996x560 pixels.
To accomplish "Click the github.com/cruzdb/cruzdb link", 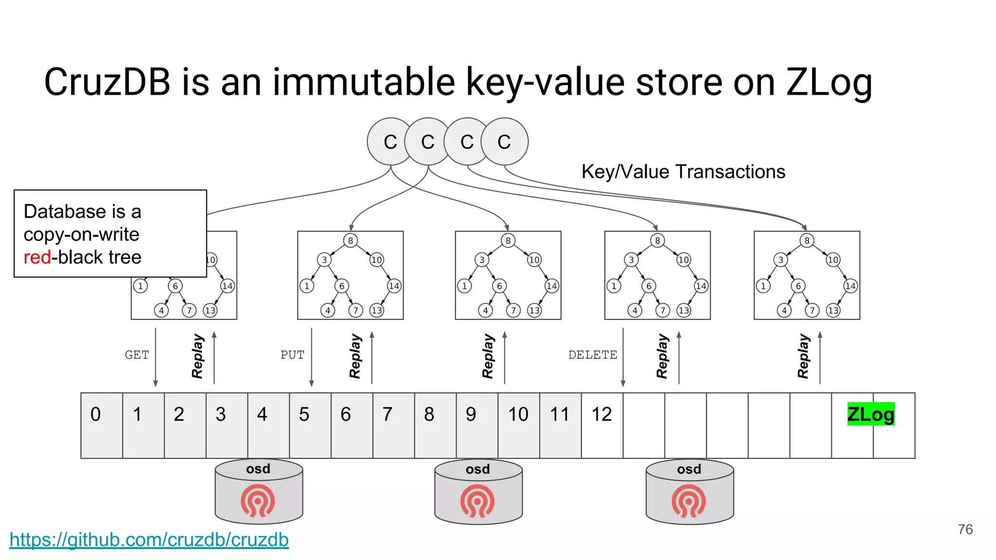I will [x=149, y=540].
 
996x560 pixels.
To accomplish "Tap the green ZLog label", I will [x=871, y=414].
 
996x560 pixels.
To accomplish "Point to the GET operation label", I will [x=137, y=355].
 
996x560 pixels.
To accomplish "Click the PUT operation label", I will [x=292, y=355].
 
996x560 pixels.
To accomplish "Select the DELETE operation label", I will [x=592, y=355].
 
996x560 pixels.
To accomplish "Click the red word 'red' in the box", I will [x=37, y=257].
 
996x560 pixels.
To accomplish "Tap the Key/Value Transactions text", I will [x=683, y=172].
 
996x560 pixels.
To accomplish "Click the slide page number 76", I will [x=965, y=529].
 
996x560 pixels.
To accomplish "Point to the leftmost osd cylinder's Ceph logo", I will [x=258, y=500].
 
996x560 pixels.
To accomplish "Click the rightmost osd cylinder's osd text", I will [x=689, y=469].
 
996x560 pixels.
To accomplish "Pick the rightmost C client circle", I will [x=504, y=142].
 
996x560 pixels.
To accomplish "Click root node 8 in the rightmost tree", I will [x=807, y=241].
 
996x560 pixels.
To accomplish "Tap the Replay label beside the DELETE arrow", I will [x=662, y=356].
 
